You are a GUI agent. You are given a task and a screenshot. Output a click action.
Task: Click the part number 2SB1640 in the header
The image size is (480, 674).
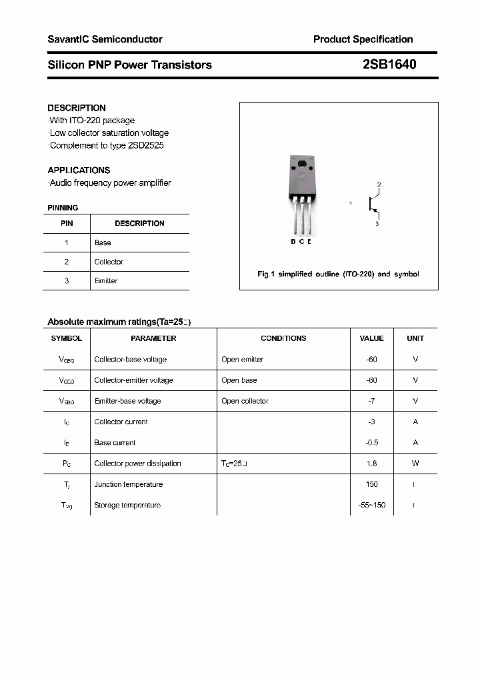pyautogui.click(x=390, y=65)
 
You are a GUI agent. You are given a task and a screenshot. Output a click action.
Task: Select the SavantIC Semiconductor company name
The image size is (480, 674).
pyautogui.click(x=105, y=39)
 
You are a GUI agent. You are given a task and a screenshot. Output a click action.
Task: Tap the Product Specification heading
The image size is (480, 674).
pyautogui.click(x=363, y=39)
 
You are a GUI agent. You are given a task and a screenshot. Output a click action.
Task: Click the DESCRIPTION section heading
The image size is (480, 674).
pyautogui.click(x=77, y=108)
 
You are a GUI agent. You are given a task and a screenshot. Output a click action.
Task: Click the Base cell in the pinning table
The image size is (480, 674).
pyautogui.click(x=103, y=243)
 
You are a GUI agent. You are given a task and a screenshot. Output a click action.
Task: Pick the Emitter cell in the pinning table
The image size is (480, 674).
pyautogui.click(x=106, y=281)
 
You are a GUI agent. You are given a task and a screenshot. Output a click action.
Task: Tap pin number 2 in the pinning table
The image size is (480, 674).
pyautogui.click(x=67, y=262)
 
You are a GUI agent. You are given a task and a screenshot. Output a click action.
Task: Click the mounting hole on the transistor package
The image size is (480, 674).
pyautogui.click(x=301, y=165)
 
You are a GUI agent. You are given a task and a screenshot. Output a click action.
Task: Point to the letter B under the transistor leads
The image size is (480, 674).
pyautogui.click(x=293, y=241)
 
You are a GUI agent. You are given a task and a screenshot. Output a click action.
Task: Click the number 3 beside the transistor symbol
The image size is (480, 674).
pyautogui.click(x=377, y=224)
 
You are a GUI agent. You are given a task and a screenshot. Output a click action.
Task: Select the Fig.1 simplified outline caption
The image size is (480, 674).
pyautogui.click(x=338, y=274)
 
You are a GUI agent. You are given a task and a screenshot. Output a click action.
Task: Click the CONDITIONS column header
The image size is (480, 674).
pyautogui.click(x=283, y=338)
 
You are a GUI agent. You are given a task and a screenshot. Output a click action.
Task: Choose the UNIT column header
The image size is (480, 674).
pyautogui.click(x=415, y=338)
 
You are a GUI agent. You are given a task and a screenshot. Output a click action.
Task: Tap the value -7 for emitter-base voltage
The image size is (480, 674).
pyautogui.click(x=371, y=401)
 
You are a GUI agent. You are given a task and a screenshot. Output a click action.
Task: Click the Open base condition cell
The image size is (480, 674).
pyautogui.click(x=239, y=380)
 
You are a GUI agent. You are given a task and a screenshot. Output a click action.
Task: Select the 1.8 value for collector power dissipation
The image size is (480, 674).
pyautogui.click(x=371, y=464)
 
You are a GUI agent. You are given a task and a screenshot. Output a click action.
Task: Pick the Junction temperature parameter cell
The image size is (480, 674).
pyautogui.click(x=129, y=484)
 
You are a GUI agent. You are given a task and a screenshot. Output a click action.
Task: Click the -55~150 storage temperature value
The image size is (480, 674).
pyautogui.click(x=371, y=505)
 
